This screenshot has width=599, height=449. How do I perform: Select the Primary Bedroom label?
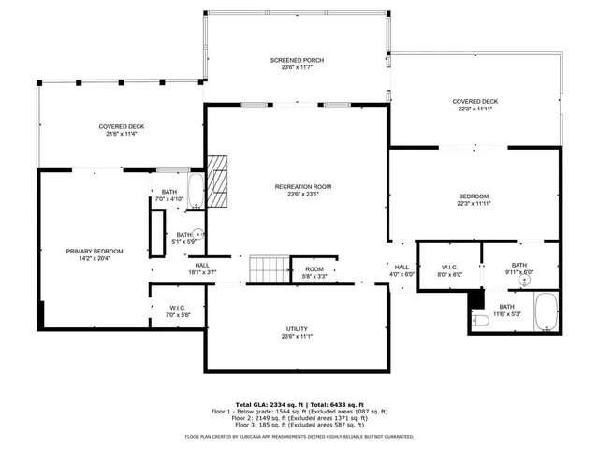(x=95, y=251)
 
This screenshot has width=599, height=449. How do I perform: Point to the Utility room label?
(x=298, y=329)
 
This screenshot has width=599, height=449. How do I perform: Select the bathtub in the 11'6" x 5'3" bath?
(x=546, y=311)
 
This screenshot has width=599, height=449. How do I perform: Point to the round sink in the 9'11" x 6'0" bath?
(x=526, y=279)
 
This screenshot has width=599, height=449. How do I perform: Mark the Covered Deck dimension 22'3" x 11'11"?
(x=475, y=109)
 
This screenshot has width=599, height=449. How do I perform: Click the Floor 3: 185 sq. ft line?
(x=299, y=424)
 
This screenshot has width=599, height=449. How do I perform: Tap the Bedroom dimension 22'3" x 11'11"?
(x=475, y=203)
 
